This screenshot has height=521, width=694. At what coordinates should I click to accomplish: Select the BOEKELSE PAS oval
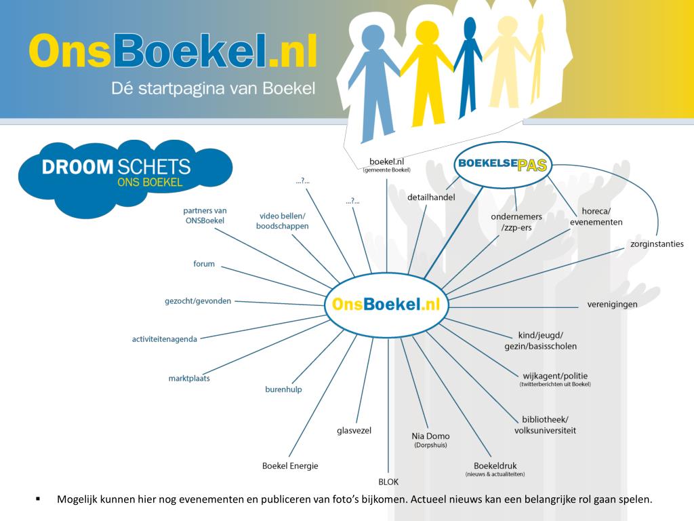[503, 164]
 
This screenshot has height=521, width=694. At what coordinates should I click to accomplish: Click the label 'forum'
[203, 264]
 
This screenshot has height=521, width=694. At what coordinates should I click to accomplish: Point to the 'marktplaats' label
[189, 378]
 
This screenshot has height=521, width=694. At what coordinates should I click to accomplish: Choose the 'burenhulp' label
[283, 389]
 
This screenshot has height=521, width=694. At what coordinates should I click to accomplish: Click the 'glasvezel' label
[354, 430]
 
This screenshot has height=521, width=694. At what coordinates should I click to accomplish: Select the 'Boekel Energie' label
[290, 465]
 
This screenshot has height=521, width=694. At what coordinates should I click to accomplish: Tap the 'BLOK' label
[388, 482]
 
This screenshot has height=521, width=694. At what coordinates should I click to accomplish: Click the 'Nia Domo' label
[430, 436]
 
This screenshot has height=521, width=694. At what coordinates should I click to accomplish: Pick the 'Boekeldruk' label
[495, 465]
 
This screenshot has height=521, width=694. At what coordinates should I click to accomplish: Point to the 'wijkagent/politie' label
[555, 376]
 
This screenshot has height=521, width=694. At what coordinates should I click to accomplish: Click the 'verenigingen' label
[612, 304]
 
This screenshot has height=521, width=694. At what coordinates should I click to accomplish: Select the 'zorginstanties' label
[657, 244]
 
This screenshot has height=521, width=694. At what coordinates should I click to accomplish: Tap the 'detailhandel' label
[431, 197]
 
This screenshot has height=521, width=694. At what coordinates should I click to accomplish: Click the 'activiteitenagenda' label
[165, 339]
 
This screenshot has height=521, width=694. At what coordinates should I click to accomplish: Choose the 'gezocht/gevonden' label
[198, 301]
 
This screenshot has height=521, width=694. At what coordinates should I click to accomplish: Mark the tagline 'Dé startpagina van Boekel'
[213, 89]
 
